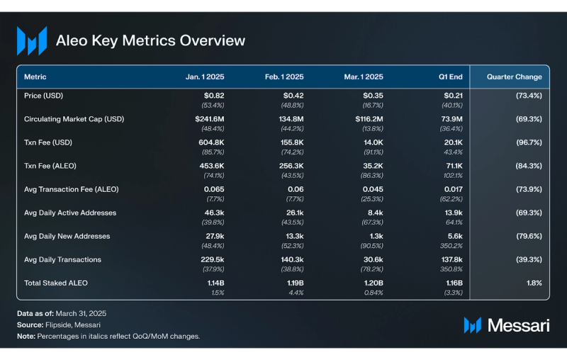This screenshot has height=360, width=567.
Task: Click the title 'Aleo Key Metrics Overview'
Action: [150, 40]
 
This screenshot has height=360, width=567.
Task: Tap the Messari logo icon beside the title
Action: [32, 41]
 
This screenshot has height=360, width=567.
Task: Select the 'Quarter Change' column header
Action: [514, 77]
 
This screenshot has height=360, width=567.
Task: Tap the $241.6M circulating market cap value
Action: [210, 119]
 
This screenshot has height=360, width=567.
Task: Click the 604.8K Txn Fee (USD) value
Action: [211, 142]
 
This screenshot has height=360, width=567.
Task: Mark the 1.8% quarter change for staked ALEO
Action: [534, 283]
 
